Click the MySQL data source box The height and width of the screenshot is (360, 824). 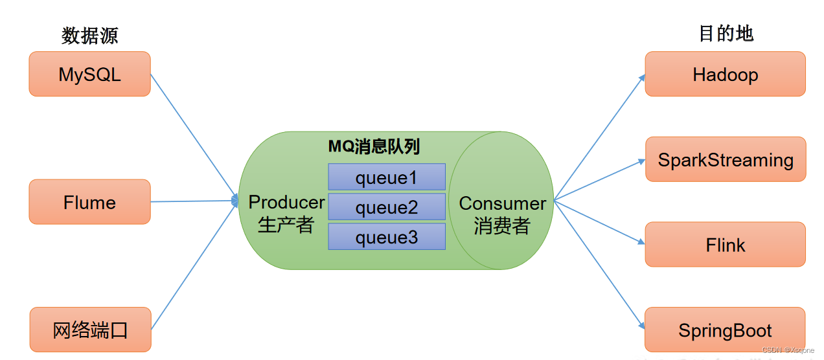click(x=89, y=74)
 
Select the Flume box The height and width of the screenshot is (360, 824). click(x=89, y=202)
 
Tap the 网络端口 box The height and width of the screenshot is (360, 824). click(x=90, y=330)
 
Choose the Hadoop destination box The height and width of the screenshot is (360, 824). click(x=725, y=74)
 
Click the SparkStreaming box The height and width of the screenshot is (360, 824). click(x=726, y=159)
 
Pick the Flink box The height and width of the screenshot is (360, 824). click(x=725, y=245)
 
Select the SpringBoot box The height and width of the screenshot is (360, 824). click(x=725, y=330)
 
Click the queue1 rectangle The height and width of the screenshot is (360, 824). click(x=387, y=177)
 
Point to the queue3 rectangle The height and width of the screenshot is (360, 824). click(x=387, y=237)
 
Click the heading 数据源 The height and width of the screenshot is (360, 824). click(x=90, y=35)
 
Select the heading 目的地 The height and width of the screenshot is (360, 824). click(x=726, y=34)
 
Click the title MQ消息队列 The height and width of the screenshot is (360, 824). click(x=374, y=147)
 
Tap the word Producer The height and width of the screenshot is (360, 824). click(x=286, y=202)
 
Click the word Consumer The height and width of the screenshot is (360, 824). click(x=502, y=203)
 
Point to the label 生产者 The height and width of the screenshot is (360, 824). click(x=286, y=225)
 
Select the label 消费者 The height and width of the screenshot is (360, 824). click(x=502, y=226)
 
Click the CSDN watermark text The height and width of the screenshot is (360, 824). click(x=788, y=350)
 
